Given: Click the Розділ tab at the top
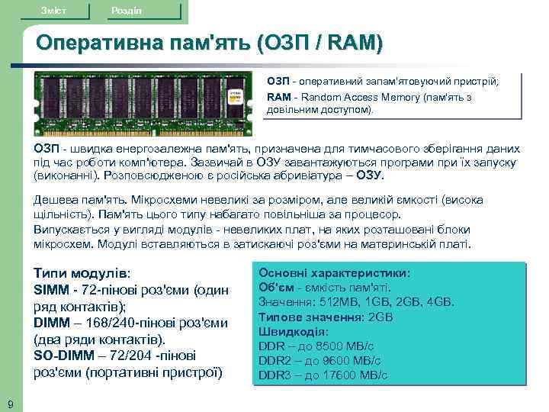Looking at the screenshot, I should (126, 9).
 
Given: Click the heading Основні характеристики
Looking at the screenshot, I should (334, 272).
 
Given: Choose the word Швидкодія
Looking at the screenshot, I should (293, 332).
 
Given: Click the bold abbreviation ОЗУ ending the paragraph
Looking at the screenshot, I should (369, 174).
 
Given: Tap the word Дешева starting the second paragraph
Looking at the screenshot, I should (56, 200).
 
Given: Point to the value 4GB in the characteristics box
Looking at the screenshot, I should (441, 301).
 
